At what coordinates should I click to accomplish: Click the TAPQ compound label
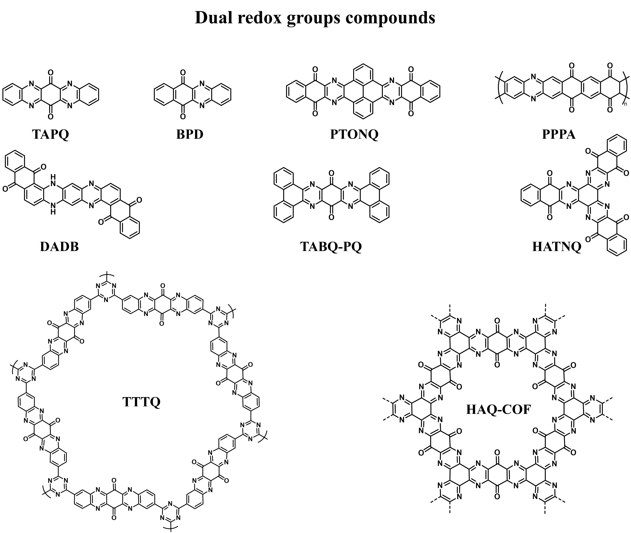[x=50, y=134]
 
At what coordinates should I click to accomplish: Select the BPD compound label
[x=190, y=134]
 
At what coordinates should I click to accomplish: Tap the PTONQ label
[x=354, y=134]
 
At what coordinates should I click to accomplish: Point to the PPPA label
[x=558, y=134]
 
